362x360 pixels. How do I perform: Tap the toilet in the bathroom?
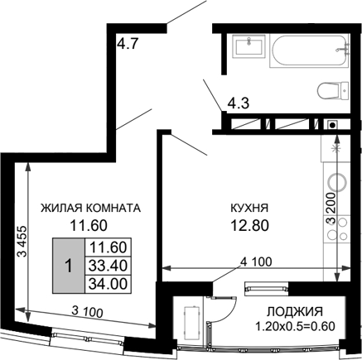tap(331, 90)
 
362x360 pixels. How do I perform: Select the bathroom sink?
tap(247, 46)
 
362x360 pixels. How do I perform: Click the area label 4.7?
tap(127, 46)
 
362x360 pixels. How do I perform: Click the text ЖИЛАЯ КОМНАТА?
tap(92, 208)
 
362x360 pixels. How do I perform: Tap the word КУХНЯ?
tap(249, 208)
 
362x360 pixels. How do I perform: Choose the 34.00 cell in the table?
tap(105, 283)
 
